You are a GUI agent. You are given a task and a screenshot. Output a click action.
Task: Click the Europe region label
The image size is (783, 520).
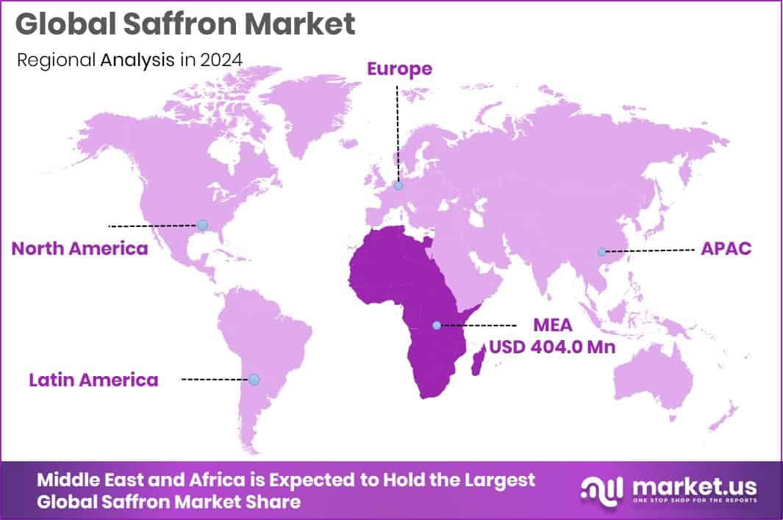point(399,69)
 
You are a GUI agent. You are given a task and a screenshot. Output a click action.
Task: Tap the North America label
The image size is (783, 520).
point(79,248)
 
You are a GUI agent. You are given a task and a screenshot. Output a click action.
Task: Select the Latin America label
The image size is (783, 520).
point(93,380)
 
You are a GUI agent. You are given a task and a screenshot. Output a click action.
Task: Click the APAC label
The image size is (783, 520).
point(726,248)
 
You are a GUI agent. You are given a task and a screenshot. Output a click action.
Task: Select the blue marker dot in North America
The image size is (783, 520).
point(203,225)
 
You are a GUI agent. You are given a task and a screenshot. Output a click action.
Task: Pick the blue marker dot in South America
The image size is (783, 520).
point(254,379)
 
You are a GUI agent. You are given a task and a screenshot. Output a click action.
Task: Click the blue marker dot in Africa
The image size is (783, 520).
point(437,325)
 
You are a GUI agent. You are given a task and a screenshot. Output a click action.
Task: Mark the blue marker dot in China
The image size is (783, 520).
point(601,251)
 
